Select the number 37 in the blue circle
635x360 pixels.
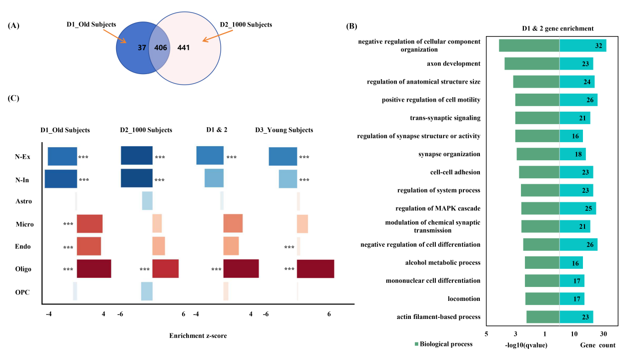click(142, 48)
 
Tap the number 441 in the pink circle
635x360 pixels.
click(184, 48)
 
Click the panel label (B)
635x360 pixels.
click(352, 26)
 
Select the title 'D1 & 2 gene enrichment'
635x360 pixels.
click(557, 29)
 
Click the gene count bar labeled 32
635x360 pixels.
click(582, 46)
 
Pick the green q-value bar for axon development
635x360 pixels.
click(531, 64)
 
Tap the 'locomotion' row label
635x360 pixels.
click(464, 299)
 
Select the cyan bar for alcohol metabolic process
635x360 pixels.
click(571, 263)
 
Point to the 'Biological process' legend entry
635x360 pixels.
click(443, 344)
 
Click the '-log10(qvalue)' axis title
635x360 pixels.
click(526, 345)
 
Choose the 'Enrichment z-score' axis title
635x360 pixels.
click(198, 335)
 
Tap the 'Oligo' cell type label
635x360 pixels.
click(24, 269)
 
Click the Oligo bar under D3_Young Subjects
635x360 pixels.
click(315, 269)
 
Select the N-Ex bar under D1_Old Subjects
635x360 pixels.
click(63, 156)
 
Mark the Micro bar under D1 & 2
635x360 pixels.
click(233, 224)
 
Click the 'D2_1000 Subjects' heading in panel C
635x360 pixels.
click(146, 130)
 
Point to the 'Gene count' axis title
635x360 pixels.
click(597, 345)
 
